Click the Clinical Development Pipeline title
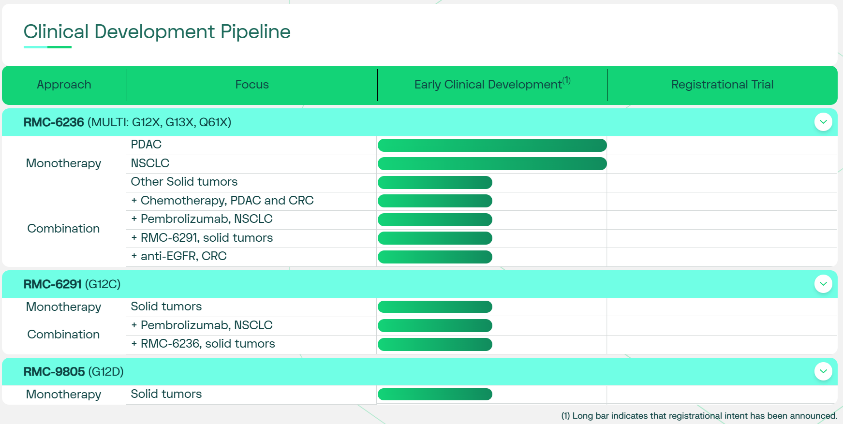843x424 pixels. tap(157, 32)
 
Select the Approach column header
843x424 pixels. tap(64, 85)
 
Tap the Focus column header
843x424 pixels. tap(252, 85)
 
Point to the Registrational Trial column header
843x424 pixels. tap(722, 85)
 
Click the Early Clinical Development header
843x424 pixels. tap(492, 84)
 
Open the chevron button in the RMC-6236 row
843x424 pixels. tap(823, 122)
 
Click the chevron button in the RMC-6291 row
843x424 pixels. tap(823, 284)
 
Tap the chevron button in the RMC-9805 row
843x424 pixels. tap(823, 371)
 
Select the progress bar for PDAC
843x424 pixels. tap(492, 145)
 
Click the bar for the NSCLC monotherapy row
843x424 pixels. tap(492, 164)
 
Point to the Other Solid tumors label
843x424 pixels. tap(184, 182)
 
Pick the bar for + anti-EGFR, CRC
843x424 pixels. tap(435, 257)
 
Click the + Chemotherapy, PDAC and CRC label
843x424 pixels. tap(222, 201)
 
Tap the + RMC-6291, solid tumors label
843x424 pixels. tap(202, 238)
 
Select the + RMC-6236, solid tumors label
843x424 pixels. tap(203, 344)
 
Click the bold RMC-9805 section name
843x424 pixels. tap(54, 372)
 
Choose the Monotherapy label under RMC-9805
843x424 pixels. tap(63, 395)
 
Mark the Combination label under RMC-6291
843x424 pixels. tap(63, 335)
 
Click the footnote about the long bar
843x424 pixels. tap(699, 416)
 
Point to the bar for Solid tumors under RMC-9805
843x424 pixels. tap(435, 394)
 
